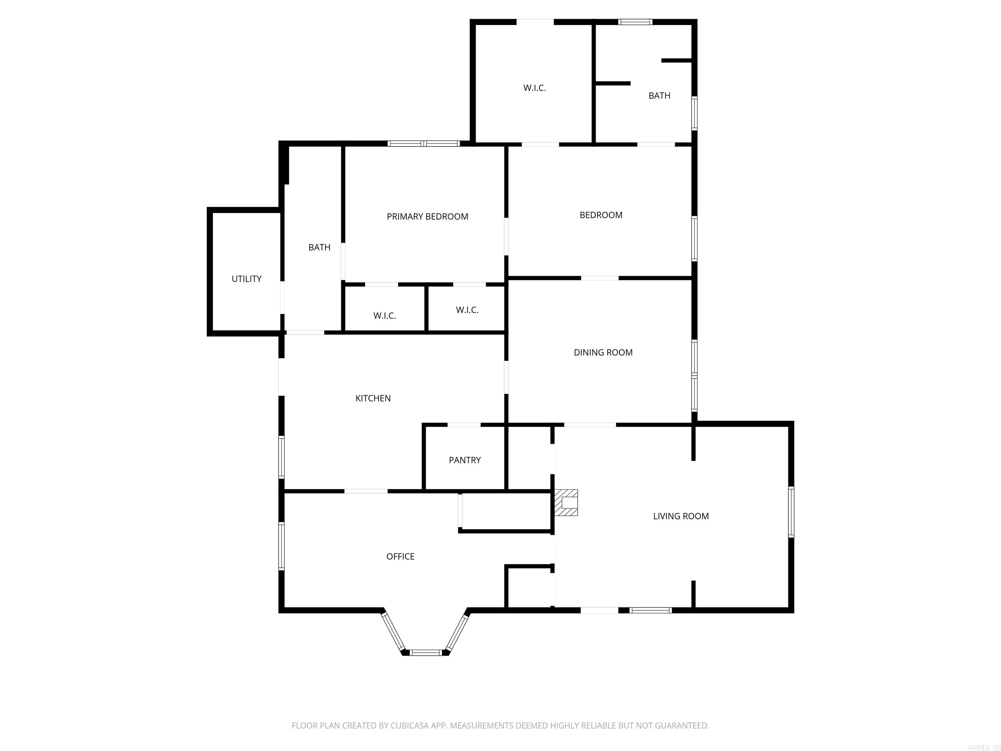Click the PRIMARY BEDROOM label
point(427,217)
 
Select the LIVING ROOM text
point(681,516)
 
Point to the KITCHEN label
point(373,398)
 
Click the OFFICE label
point(400,556)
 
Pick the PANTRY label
point(464,460)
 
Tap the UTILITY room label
point(246,279)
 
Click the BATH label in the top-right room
point(659,96)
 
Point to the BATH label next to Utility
point(319,247)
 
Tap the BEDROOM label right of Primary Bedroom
point(601,215)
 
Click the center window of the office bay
point(425,652)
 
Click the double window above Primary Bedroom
point(424,143)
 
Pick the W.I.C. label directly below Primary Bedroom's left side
point(384,316)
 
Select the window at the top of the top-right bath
point(635,22)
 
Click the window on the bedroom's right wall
point(694,239)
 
